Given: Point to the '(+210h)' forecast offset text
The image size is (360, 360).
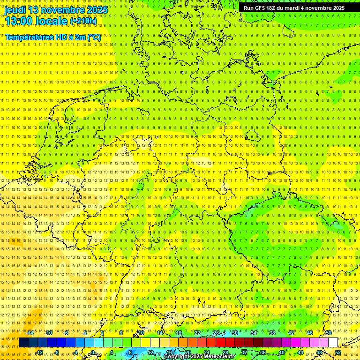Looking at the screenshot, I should pyautogui.click(x=83, y=21).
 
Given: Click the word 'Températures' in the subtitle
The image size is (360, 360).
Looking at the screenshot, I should pyautogui.click(x=29, y=37).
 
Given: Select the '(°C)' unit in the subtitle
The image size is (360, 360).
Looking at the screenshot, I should pyautogui.click(x=94, y=37).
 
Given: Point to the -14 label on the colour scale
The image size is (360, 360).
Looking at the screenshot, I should pyautogui.click(x=30, y=333).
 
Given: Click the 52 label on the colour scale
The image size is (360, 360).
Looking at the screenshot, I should pyautogui.click(x=337, y=352).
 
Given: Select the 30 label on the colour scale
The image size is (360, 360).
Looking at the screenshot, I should pyautogui.click(x=234, y=333).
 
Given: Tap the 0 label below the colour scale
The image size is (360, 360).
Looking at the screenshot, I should pyautogui.click(x=93, y=352).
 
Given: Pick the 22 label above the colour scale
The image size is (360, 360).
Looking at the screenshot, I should pyautogui.click(x=197, y=333).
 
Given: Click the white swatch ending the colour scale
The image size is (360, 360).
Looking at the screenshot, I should pyautogui.click(x=333, y=342).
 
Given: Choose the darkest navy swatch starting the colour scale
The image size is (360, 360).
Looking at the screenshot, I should pyautogui.click(x=23, y=342).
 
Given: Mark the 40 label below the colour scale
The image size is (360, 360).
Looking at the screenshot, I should pyautogui.click(x=281, y=352).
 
